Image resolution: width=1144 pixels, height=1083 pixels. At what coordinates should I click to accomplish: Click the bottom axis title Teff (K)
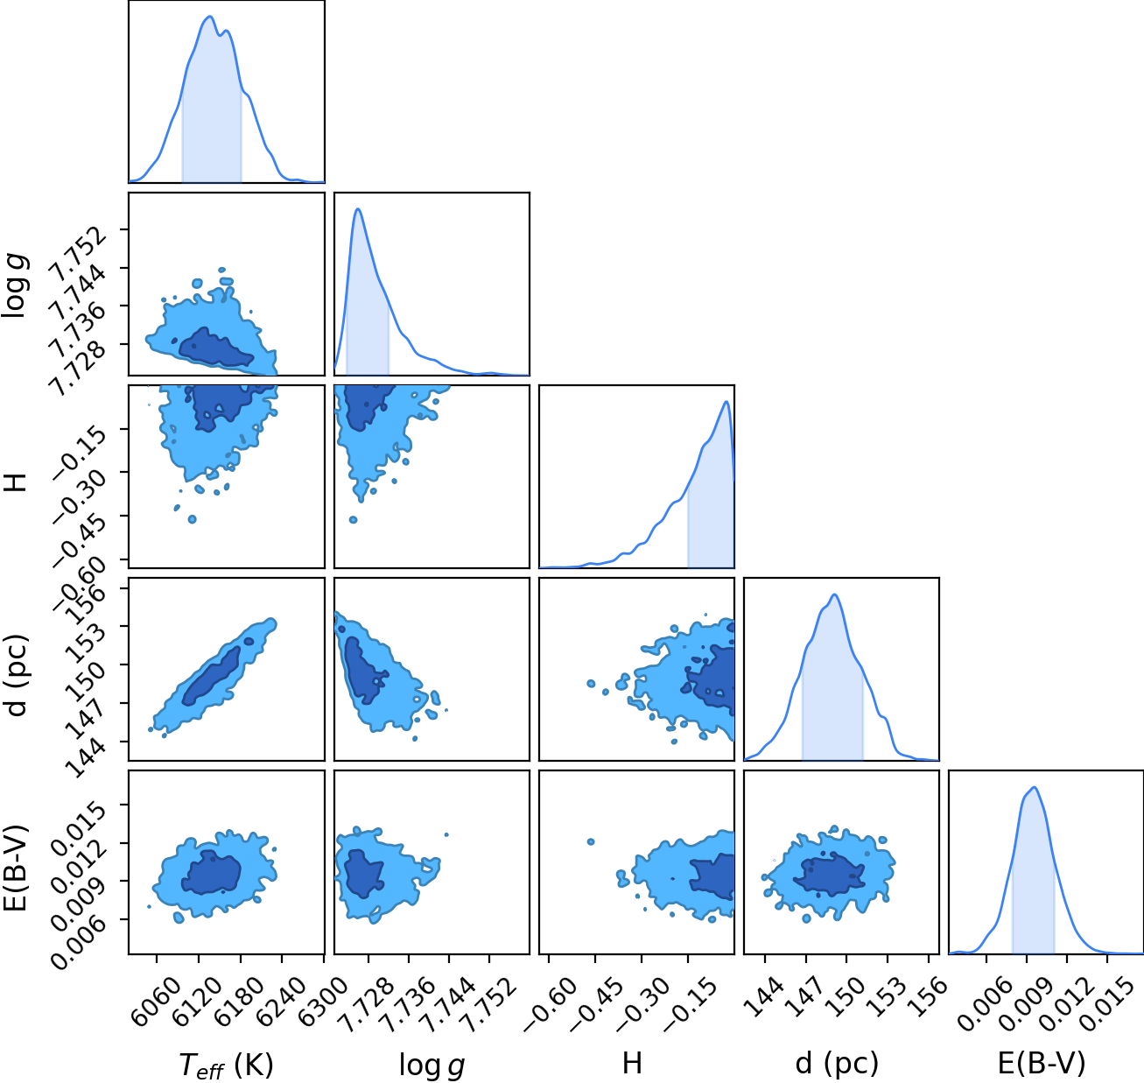point(227,1065)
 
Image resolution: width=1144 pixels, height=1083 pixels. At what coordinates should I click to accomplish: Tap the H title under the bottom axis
point(633,1063)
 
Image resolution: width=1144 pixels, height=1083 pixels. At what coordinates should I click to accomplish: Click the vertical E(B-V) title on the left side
point(18,867)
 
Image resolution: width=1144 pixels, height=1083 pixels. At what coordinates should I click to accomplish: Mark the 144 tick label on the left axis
point(88,758)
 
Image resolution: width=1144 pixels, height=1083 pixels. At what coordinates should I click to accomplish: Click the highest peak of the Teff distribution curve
point(209,17)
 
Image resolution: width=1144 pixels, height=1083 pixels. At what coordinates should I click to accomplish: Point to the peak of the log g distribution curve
point(358,208)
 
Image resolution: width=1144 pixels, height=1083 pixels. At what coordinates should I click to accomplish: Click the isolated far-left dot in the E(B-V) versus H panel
point(591,842)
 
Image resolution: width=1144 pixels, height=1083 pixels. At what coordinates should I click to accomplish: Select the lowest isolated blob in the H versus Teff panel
point(192,519)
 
